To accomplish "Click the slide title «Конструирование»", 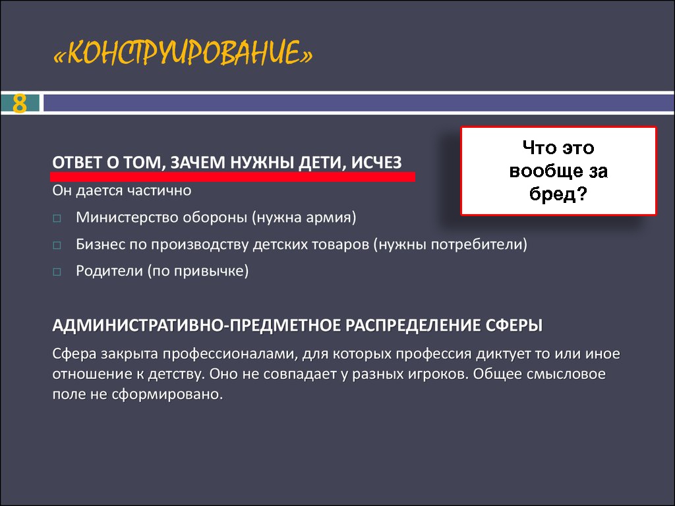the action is click(x=183, y=53).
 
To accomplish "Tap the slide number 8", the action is click(x=19, y=103).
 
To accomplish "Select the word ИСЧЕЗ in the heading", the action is click(x=376, y=162).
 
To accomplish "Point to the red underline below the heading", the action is click(x=233, y=177).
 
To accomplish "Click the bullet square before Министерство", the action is click(x=57, y=218).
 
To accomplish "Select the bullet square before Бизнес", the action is click(x=57, y=245).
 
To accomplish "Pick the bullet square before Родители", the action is click(x=57, y=272).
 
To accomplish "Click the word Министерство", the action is click(x=127, y=217).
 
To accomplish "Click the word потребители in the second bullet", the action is click(x=477, y=244).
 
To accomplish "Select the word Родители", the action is click(x=109, y=271).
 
